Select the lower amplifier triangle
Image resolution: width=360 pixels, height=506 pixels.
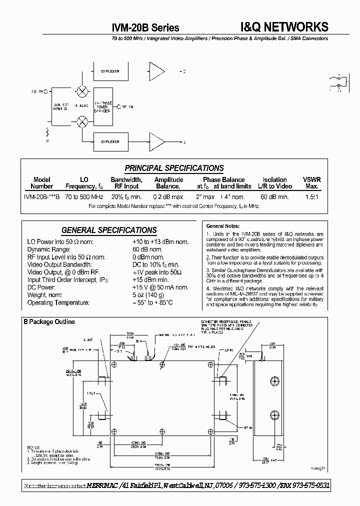(156, 141)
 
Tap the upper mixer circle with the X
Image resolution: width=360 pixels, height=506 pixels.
(81, 91)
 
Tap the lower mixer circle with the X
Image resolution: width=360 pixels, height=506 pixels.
(81, 121)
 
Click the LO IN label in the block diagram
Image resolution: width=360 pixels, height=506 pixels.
(37, 91)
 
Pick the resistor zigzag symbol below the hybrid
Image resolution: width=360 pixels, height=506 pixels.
(48, 133)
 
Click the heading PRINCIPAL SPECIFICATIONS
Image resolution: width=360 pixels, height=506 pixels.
(174, 168)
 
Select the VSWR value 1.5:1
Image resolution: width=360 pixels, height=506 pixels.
(311, 197)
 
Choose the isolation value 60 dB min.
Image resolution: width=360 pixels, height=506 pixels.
(274, 197)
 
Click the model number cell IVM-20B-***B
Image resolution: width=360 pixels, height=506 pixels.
(42, 197)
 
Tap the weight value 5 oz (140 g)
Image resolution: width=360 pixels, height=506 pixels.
(149, 295)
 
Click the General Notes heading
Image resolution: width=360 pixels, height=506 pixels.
(223, 226)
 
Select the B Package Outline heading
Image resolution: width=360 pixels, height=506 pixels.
(49, 321)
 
